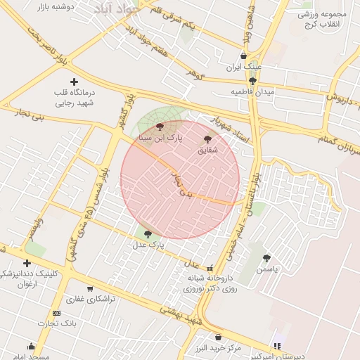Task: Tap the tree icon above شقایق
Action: coord(207,139)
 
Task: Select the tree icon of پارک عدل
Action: coord(147,234)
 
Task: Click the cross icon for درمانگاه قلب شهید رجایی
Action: coord(74,82)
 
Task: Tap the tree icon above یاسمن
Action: coord(266,258)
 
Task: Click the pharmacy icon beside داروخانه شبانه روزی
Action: coord(210,268)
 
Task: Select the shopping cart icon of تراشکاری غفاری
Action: coord(90,288)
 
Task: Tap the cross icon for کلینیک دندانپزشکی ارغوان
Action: coord(27,263)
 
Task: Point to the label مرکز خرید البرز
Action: coord(218,348)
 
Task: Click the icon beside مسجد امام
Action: coord(31,346)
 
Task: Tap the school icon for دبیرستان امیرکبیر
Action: coord(276,346)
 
